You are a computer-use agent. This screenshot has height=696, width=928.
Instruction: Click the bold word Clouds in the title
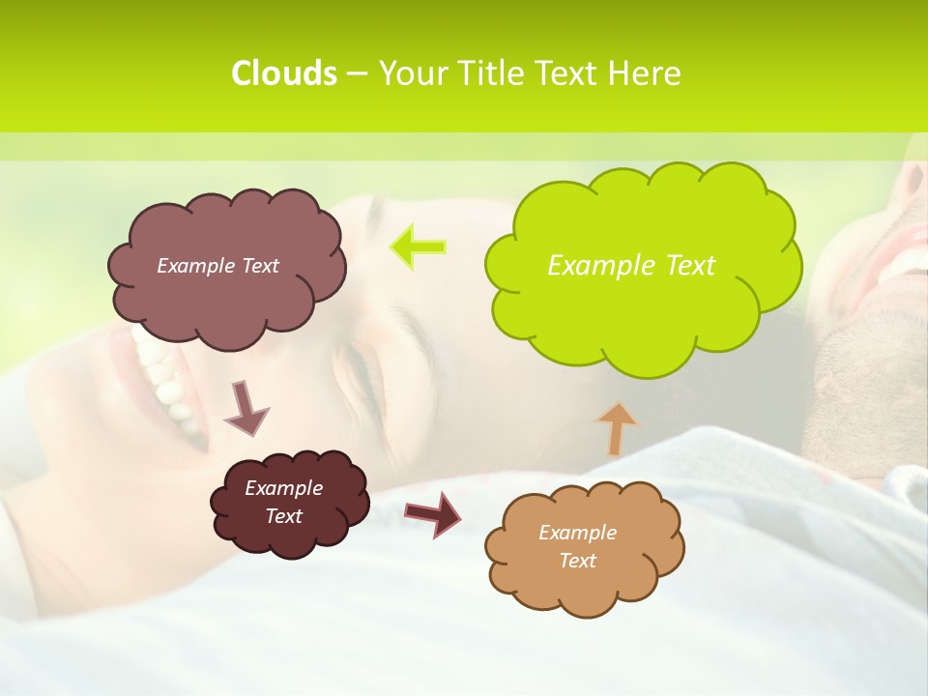[x=284, y=73]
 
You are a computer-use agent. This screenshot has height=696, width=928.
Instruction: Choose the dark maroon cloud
[x=290, y=532]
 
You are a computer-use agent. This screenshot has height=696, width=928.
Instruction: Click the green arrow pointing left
[x=418, y=246]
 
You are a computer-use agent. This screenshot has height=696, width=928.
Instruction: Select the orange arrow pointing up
[x=616, y=427]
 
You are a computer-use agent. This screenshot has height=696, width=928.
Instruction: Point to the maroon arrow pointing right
[x=432, y=513]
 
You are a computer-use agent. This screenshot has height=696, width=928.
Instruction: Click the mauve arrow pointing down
[x=246, y=408]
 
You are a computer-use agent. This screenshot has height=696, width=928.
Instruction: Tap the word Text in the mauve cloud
[x=260, y=266]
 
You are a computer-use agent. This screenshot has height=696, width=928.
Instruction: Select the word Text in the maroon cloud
[x=284, y=516]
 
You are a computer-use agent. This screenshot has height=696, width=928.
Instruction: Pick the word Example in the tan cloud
[x=577, y=533]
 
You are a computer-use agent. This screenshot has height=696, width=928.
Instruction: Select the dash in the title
[x=356, y=74]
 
